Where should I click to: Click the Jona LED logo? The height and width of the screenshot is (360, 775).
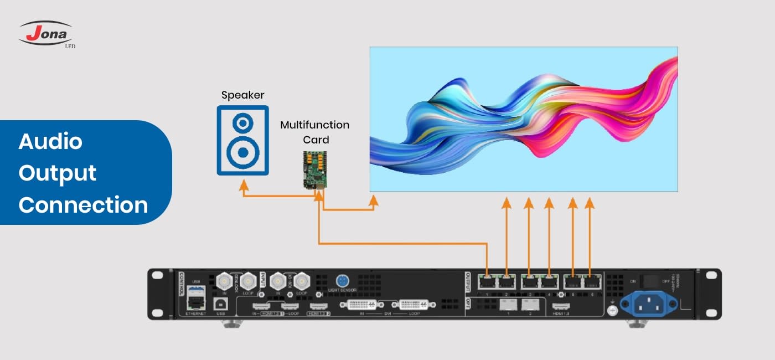point(46,34)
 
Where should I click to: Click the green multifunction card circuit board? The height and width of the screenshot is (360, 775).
point(314,169)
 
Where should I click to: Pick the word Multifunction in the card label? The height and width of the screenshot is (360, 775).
point(314,125)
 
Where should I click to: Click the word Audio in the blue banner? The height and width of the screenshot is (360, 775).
point(50,142)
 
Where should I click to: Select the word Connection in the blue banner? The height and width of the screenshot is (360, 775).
point(83,205)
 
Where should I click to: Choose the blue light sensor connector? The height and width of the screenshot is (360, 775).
point(342,280)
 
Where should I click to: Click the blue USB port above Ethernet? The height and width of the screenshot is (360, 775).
point(194,290)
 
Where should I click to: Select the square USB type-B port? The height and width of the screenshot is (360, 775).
point(218,302)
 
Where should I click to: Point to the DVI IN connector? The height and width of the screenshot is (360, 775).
point(363,305)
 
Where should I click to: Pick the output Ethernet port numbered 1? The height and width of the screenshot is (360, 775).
point(487,282)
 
